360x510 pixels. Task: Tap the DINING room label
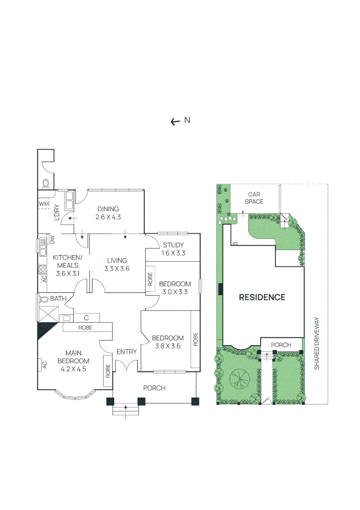108,209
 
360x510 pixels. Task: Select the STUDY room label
173,245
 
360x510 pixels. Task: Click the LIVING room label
117,260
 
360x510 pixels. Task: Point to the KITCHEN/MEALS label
67,261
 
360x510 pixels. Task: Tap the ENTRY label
126,352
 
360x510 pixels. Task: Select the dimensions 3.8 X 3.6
167,346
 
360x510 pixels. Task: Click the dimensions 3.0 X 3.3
175,292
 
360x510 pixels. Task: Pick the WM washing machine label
44,204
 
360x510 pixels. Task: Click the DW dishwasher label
52,240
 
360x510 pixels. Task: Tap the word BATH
58,299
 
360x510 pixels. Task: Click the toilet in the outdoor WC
46,183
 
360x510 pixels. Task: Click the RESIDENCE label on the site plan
262,297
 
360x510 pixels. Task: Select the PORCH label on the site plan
282,345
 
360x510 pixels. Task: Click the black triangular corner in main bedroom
45,330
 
